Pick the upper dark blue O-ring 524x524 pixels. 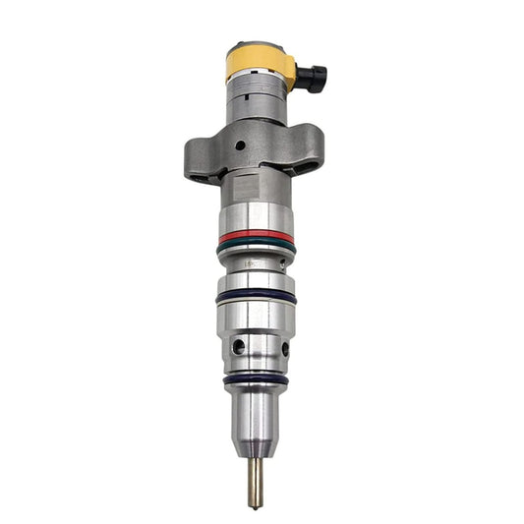pyautogui.click(x=257, y=294)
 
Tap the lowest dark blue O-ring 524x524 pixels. pyautogui.click(x=256, y=378)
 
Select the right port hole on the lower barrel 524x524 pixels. pyautogui.click(x=285, y=347)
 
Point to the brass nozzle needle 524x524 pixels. pyautogui.click(x=256, y=477)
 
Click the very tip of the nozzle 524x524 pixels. pyautogui.click(x=256, y=505)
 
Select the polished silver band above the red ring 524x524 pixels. pyautogui.click(x=256, y=217)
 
